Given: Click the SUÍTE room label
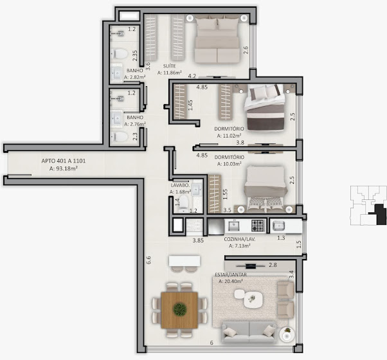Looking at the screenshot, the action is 169,66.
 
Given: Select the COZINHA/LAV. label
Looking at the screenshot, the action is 240,239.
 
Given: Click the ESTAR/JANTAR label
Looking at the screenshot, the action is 231,274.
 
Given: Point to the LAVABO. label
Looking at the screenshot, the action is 180,185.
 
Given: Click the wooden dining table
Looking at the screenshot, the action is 179,310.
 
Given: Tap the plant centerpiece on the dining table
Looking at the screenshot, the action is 180,309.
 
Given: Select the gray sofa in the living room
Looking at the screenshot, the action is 249,332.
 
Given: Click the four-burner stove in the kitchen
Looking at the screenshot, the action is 258,225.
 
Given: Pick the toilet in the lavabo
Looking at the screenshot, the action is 183,204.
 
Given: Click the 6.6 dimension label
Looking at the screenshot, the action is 148,260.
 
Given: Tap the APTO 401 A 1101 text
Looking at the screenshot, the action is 64,161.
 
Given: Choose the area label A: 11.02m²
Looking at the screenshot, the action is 230,136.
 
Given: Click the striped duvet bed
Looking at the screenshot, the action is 265,107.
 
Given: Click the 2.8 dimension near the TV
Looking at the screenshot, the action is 273,265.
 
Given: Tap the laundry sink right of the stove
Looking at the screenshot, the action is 278,226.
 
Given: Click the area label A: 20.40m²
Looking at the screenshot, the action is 231,281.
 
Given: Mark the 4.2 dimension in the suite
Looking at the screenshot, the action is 192,76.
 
